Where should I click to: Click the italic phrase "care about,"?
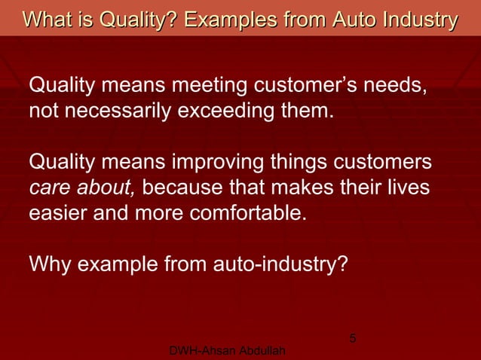tap(82, 187)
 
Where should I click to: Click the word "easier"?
tap(57, 212)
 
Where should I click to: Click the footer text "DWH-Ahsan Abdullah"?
tap(228, 352)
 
